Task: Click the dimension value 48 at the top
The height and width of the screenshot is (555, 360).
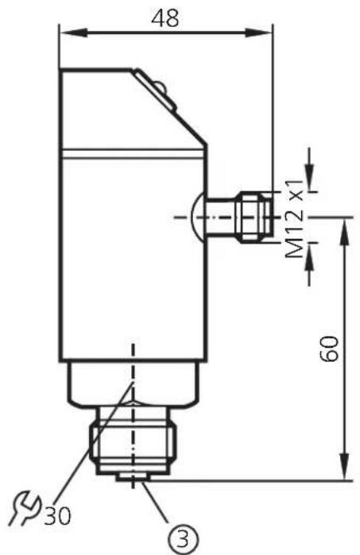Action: [167, 17]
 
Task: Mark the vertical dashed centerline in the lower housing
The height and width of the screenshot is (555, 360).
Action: [134, 365]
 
